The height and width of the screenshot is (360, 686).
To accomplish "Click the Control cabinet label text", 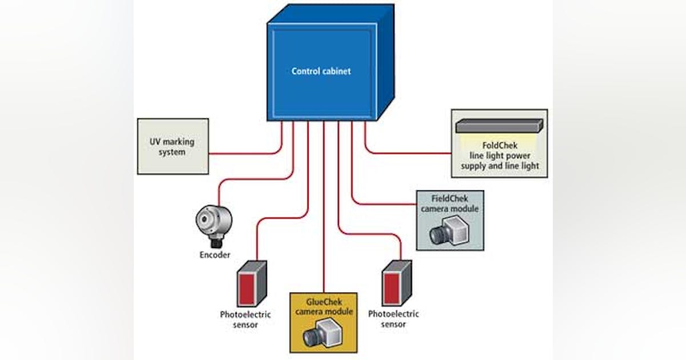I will point(321,71).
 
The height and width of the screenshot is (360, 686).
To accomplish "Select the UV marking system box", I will point(173,146).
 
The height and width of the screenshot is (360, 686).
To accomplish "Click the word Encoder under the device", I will point(214,255).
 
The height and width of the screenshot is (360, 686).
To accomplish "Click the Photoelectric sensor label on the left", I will point(245,319).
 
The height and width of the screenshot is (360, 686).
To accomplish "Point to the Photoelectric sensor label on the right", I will point(393,319).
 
